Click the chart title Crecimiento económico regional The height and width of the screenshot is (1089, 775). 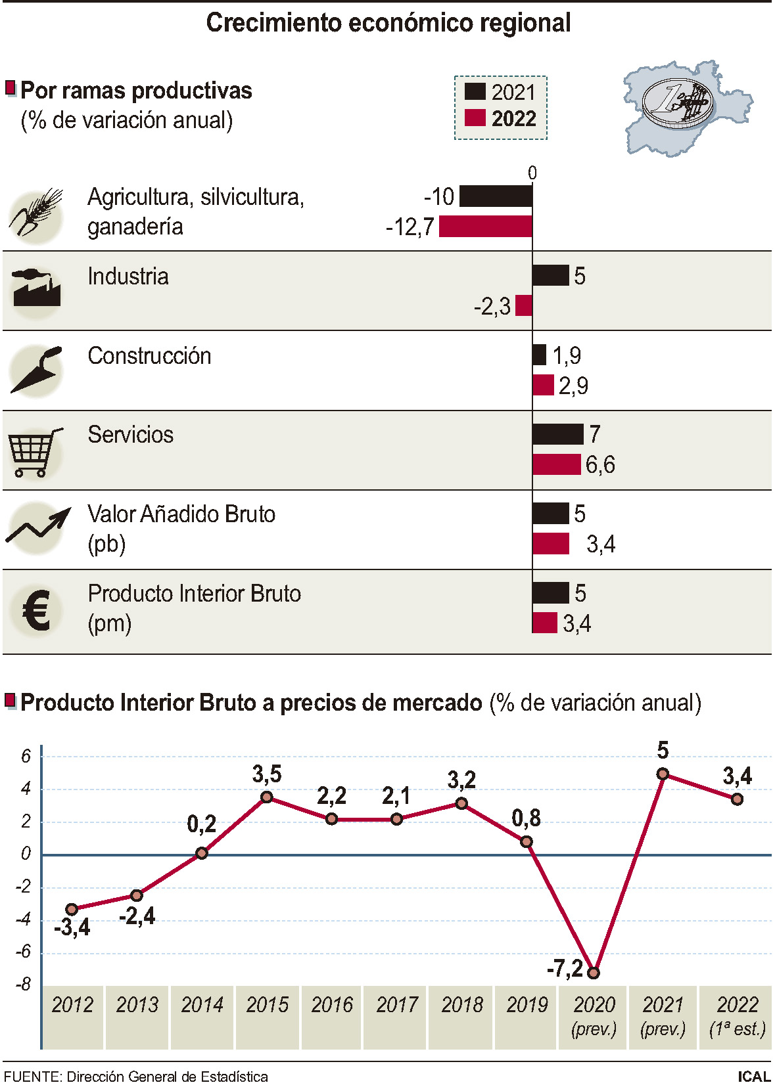click(x=388, y=23)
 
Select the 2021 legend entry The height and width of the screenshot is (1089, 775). click(x=501, y=92)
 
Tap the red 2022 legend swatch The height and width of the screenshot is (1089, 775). click(x=475, y=118)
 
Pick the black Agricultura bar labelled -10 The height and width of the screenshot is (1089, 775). click(x=496, y=196)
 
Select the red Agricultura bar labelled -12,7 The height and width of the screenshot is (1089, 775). click(x=485, y=227)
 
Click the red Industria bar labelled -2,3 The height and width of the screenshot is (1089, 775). click(x=524, y=306)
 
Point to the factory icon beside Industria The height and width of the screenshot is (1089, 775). click(x=36, y=289)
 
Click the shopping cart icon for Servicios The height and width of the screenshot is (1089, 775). click(x=35, y=452)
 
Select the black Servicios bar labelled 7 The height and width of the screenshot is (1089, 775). click(x=557, y=434)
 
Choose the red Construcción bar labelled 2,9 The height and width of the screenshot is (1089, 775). click(x=543, y=385)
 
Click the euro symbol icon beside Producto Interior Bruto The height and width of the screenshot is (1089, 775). click(x=36, y=610)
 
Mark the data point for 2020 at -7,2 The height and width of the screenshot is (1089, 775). click(x=594, y=973)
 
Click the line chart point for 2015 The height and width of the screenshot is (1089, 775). click(x=267, y=797)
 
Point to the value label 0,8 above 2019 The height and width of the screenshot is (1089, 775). click(x=526, y=818)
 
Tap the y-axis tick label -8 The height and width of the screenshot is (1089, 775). click(x=24, y=984)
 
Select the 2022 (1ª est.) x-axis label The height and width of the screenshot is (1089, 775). click(x=737, y=1015)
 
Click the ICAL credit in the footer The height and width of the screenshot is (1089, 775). click(x=753, y=1077)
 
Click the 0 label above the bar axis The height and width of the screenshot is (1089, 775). click(x=532, y=173)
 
